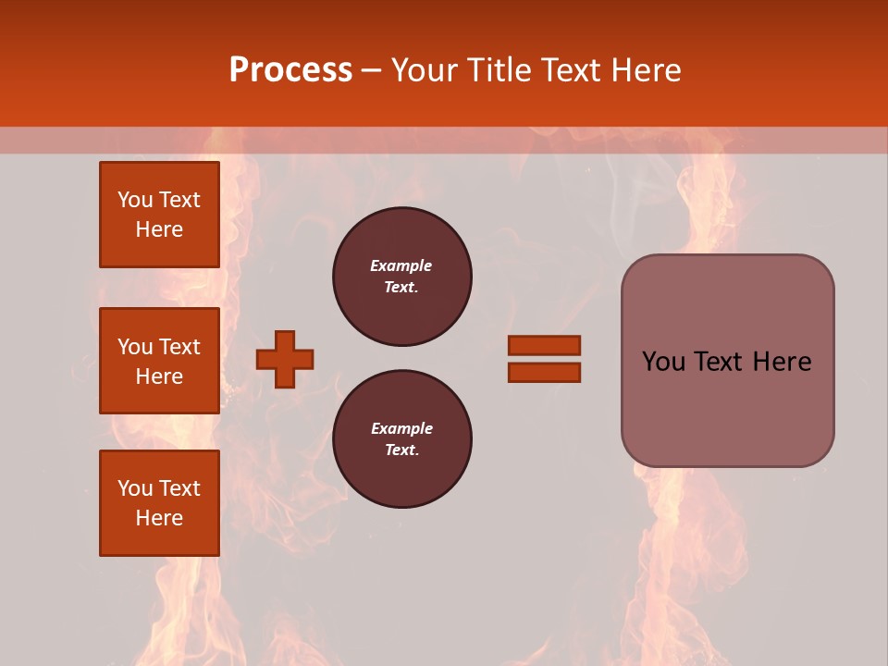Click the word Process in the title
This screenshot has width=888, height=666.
click(290, 70)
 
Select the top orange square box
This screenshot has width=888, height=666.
click(159, 215)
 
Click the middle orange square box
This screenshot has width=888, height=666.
click(159, 361)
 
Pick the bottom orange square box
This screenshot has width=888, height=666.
click(159, 503)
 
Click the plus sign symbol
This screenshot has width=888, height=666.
click(285, 359)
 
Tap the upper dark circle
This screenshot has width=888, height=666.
click(402, 277)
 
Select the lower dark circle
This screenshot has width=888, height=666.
click(402, 439)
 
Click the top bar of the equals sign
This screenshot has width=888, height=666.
click(544, 345)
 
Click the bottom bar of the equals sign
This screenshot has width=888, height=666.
click(544, 372)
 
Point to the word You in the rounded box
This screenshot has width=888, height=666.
click(663, 362)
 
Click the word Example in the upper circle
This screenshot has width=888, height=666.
click(401, 265)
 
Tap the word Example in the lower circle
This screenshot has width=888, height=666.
click(401, 428)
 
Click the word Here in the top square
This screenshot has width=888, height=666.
click(159, 229)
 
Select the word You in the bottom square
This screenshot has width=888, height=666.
click(135, 488)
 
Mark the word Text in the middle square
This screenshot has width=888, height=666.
click(179, 347)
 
